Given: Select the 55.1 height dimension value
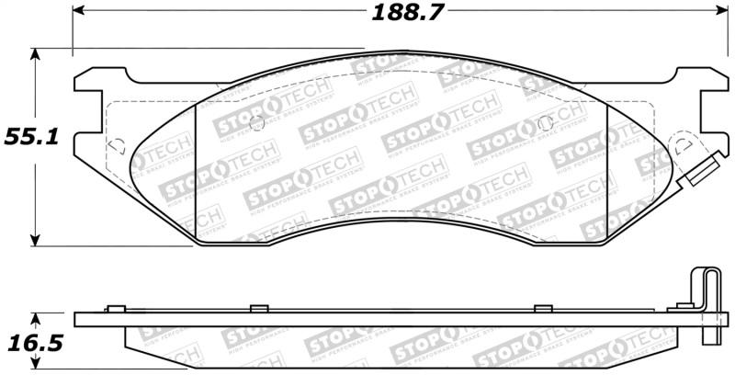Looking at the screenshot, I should click(x=33, y=137).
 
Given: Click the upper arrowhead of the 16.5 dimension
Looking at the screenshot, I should click(x=35, y=319).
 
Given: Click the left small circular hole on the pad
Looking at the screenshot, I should click(x=257, y=123).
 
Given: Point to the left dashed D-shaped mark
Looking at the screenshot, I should click(x=117, y=144).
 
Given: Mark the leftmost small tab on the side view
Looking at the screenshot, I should click(x=115, y=307).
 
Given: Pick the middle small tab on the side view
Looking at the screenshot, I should click(x=258, y=307).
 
